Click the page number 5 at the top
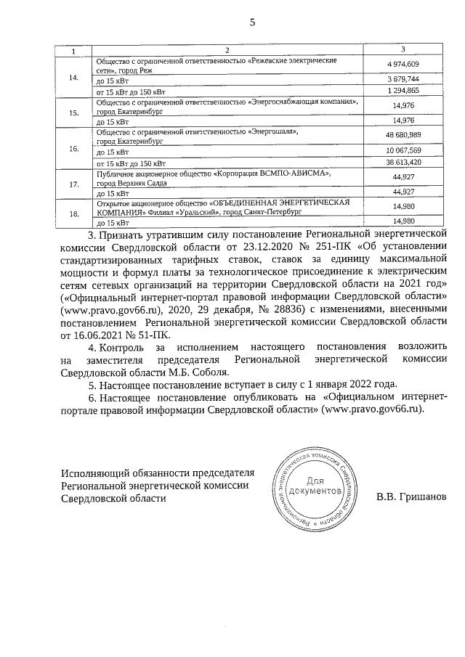tap(253, 23)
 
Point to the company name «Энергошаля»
tap(273, 131)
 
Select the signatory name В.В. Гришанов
tap(408, 498)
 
